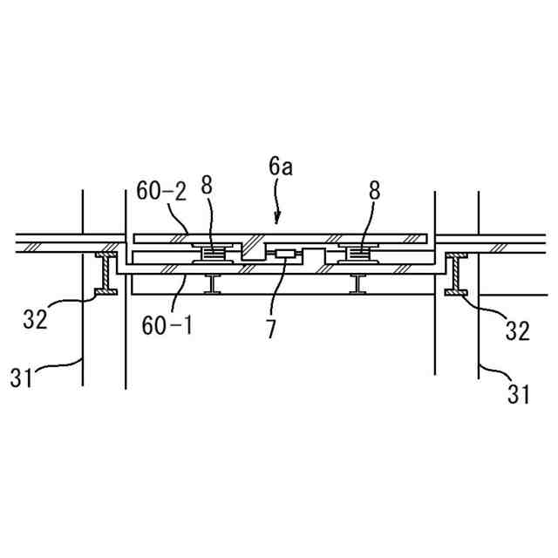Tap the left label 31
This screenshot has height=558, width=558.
24,377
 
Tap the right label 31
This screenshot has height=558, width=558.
518,394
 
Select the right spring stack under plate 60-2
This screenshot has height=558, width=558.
358,254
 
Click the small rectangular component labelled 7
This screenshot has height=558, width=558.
283,255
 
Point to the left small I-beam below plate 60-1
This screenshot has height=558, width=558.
212,283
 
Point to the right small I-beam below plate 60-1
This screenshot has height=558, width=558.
357,283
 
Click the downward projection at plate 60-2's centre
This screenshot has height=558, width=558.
253,250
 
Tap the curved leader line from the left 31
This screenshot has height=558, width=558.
61,364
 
